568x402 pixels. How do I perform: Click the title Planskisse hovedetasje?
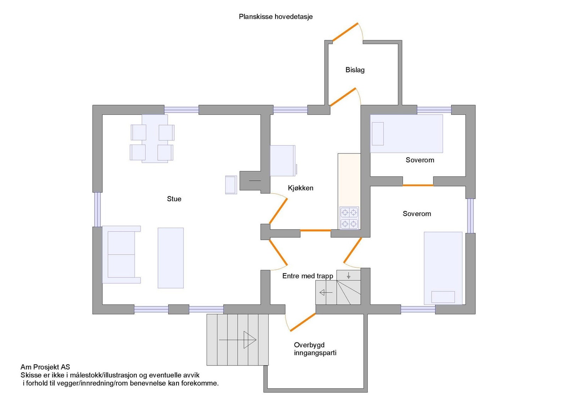click(275, 17)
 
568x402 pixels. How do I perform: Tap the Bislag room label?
click(355, 70)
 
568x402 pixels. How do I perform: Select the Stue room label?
click(174, 199)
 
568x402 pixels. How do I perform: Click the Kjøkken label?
click(300, 188)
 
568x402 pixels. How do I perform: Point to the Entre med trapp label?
click(307, 276)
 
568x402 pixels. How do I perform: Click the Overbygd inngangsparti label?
click(315, 349)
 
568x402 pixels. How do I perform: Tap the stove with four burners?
click(349, 218)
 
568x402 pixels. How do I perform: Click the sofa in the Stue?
click(121, 254)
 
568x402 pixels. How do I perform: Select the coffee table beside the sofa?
click(170, 258)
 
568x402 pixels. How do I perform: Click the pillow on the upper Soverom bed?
click(378, 134)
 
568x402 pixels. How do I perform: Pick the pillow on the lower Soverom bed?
click(443, 297)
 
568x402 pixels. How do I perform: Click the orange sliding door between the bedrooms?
click(418, 185)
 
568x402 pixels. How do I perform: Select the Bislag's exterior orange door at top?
click(345, 32)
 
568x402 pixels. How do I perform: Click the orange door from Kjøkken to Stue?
click(278, 211)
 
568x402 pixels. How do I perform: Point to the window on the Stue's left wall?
click(97, 210)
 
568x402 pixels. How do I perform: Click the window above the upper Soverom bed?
click(434, 110)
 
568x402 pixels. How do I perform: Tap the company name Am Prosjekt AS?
click(45, 367)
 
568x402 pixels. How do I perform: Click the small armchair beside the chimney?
click(231, 185)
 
